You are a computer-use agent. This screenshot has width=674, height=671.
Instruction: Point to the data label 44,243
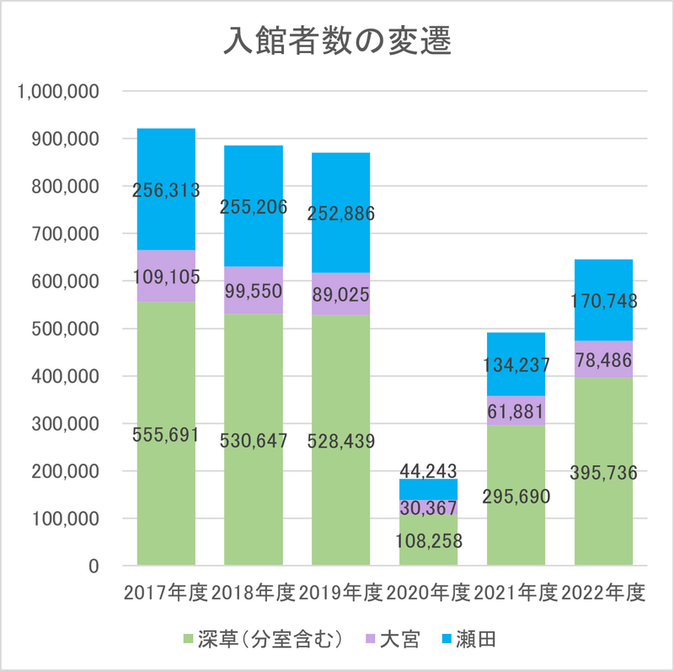[428, 470]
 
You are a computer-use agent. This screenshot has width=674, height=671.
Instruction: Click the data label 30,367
[428, 508]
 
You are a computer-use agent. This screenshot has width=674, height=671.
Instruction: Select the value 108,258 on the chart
[428, 540]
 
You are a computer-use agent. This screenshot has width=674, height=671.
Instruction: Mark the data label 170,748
[603, 300]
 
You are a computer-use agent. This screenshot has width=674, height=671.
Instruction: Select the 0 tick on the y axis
[94, 566]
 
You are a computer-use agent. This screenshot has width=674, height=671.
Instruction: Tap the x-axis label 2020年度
[428, 593]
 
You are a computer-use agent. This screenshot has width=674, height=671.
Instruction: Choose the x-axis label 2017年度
[166, 593]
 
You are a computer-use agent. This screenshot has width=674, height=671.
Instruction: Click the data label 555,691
[166, 435]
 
